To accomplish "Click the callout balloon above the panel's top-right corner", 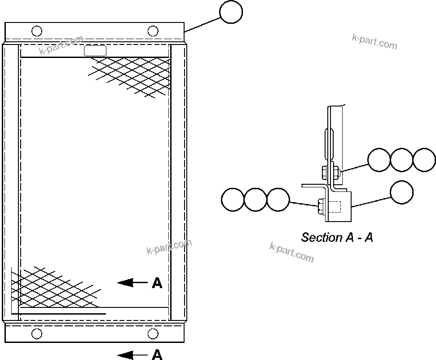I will coord(231,12).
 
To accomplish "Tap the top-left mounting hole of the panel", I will coord(37,31).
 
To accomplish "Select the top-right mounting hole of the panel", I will coord(153,31).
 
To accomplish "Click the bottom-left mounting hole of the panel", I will coord(37,333).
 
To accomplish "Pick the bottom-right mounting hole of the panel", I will coord(153,333).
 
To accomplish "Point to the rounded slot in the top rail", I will coord(95,51).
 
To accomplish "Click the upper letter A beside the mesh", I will coord(157,283).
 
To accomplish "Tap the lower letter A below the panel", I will coord(157,355).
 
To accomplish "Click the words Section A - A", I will coord(337,237).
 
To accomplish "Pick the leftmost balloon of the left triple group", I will coord(233,200).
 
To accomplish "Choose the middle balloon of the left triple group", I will coord(255,200).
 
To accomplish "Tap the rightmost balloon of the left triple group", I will coord(278,200).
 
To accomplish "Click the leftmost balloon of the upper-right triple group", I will coord(379,160).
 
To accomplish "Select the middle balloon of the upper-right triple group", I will coord(401,160).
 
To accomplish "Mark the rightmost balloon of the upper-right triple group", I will coord(424,160).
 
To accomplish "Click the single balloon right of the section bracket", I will coord(401,192).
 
